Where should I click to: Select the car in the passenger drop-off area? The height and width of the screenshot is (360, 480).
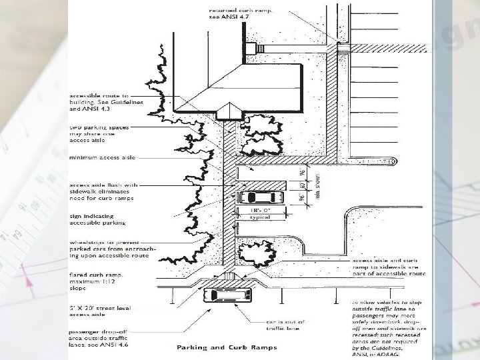coord(227,294)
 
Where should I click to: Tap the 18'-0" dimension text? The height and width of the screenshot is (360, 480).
coord(254,211)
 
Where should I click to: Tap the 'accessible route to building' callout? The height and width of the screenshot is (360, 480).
coord(100,101)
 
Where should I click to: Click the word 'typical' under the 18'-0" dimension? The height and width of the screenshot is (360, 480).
coord(254,217)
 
